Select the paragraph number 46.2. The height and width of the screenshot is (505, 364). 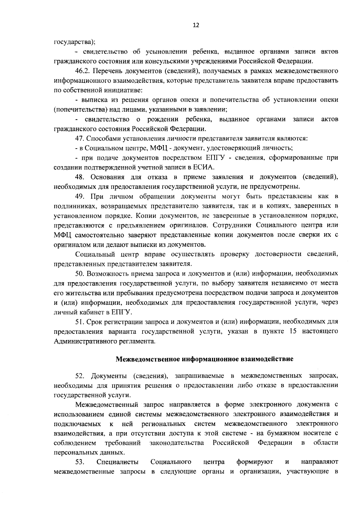[82, 71]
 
